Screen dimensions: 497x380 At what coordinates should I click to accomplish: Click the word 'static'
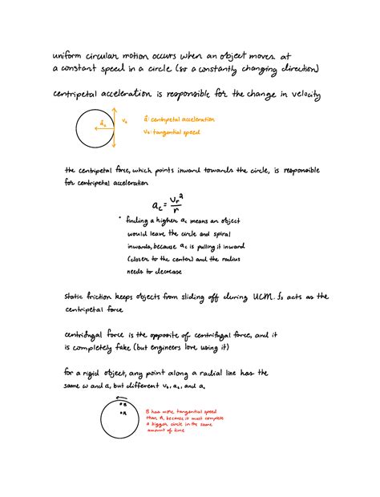(78, 298)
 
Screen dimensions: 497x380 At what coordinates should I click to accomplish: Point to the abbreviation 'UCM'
(262, 297)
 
